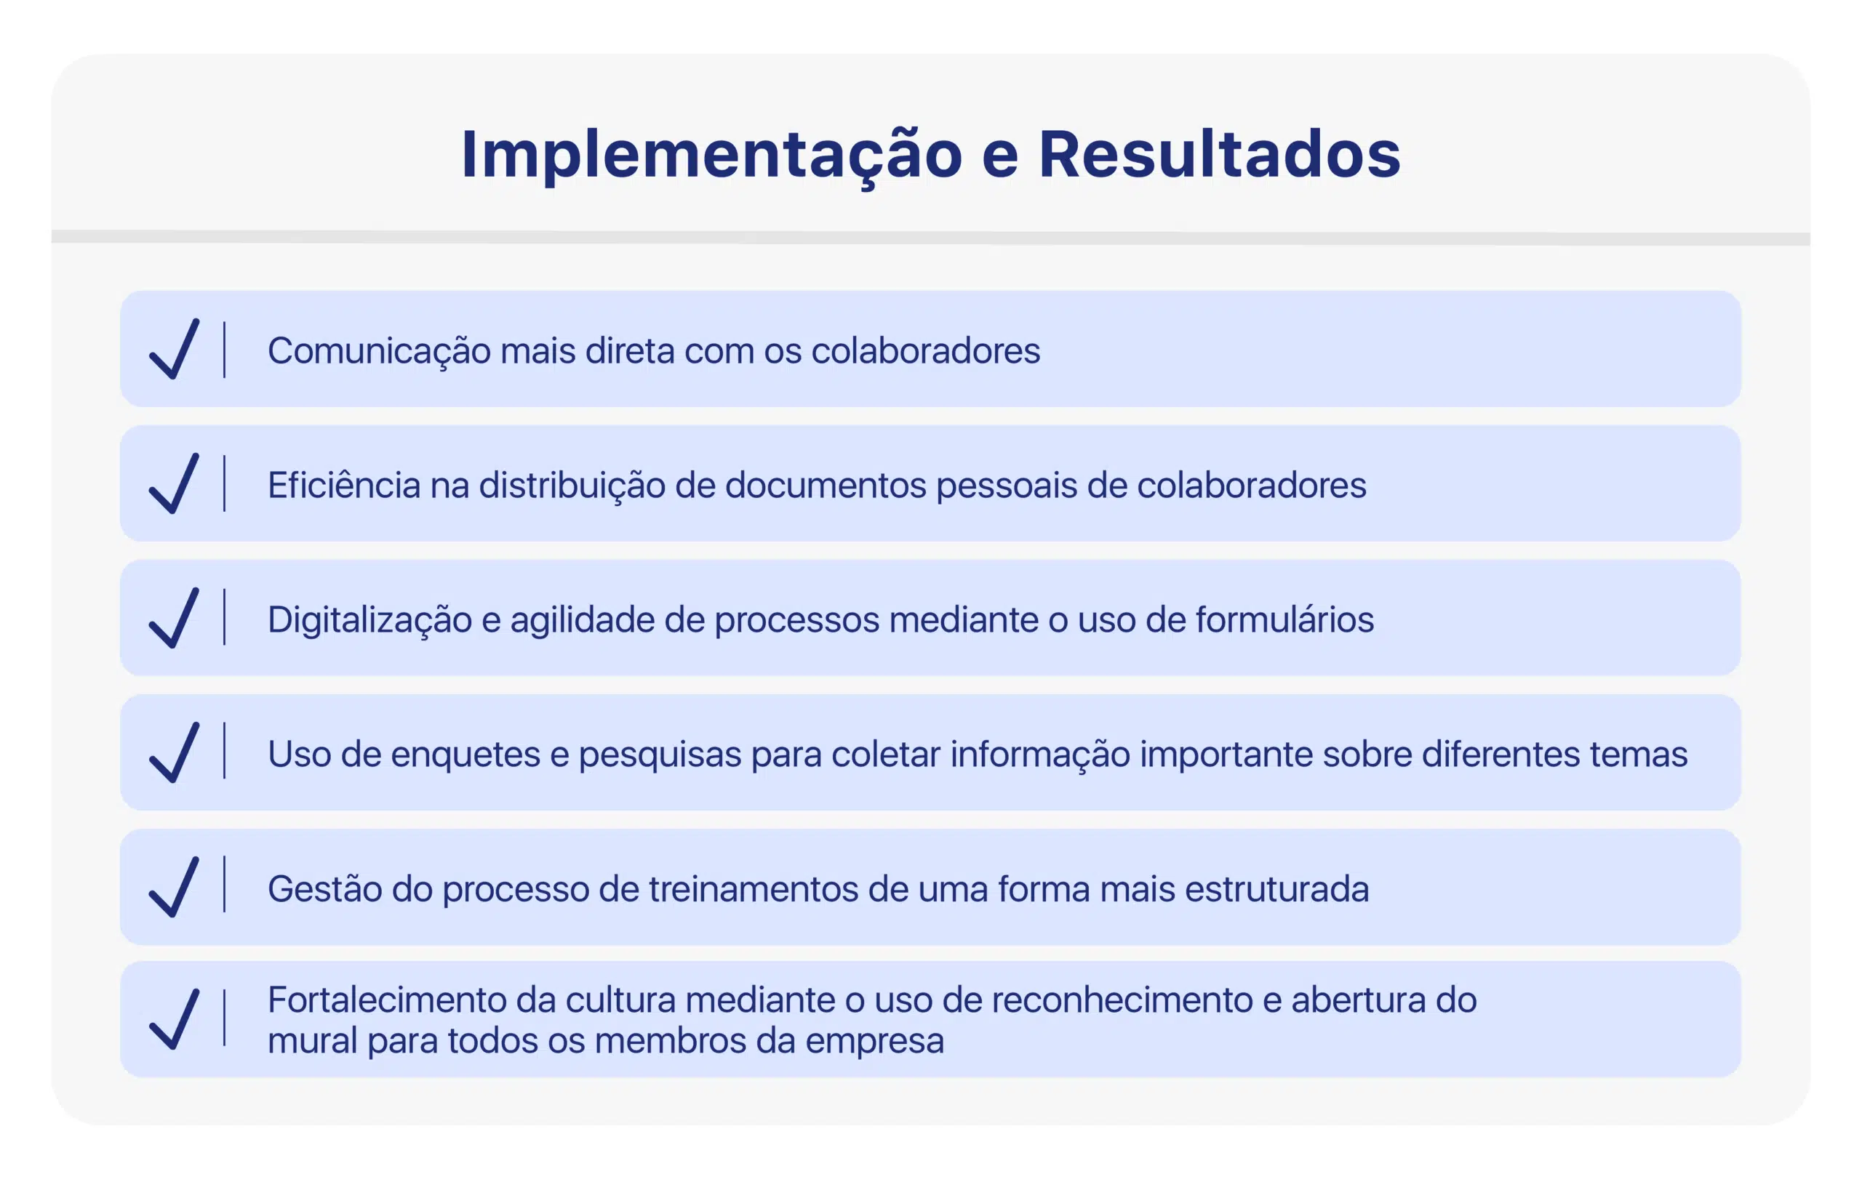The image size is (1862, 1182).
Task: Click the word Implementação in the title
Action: [x=711, y=156]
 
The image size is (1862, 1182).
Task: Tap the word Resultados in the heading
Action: [x=1220, y=154]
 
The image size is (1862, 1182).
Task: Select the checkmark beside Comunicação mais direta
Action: [x=174, y=350]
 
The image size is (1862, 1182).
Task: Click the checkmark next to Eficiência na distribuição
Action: [x=174, y=484]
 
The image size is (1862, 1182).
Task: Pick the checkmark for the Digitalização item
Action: [x=174, y=619]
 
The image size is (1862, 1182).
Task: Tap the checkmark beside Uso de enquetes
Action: [x=174, y=753]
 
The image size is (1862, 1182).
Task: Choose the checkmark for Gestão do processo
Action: [x=174, y=888]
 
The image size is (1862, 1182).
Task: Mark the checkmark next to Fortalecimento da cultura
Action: [x=174, y=1020]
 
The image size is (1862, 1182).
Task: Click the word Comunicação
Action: [x=379, y=353]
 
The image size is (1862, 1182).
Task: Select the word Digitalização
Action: [x=369, y=621]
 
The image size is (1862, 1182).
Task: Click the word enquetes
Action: [x=465, y=755]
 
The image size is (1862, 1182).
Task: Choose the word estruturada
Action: [x=1276, y=889]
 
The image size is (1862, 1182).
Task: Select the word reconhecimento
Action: [x=1122, y=1000]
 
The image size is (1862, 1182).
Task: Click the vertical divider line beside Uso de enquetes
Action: [x=224, y=751]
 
